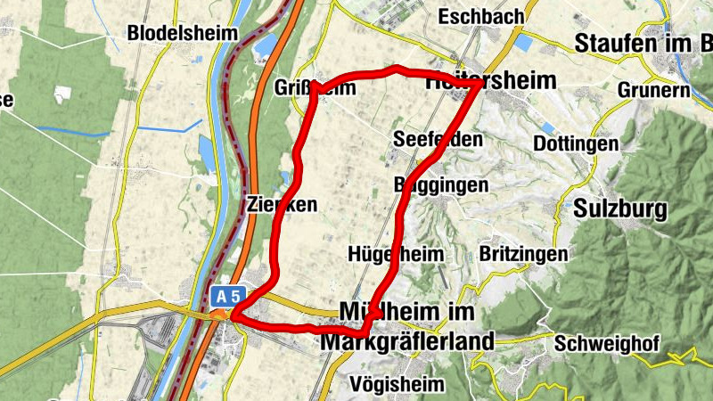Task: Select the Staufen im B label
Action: click(x=643, y=43)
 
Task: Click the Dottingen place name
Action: click(x=575, y=143)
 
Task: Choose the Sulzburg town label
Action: click(x=621, y=210)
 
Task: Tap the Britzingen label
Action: click(x=523, y=254)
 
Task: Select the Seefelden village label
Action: click(x=438, y=139)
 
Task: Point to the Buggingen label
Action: click(x=441, y=184)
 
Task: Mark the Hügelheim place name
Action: click(x=397, y=254)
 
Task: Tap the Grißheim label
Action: click(x=316, y=87)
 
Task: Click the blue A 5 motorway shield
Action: click(x=227, y=294)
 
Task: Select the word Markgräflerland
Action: click(x=407, y=342)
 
